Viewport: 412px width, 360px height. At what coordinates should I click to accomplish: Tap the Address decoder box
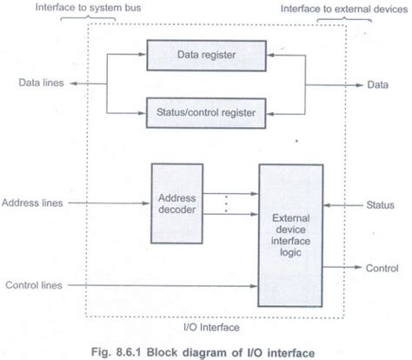[x=178, y=203]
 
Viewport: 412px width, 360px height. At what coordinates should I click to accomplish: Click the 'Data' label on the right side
[x=380, y=84]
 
